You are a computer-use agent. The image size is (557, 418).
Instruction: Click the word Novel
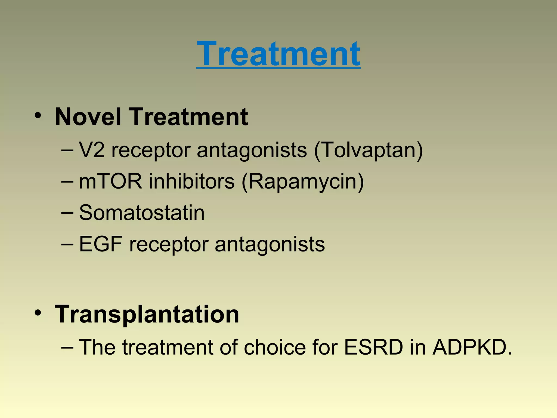(88, 117)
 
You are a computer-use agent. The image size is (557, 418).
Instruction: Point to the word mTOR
(110, 182)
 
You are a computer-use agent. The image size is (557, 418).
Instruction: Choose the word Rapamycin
(303, 182)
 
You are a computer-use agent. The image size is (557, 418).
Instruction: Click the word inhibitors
(191, 182)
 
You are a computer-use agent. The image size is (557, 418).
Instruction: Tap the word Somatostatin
(142, 213)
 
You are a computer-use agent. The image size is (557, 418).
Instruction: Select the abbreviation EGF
(100, 244)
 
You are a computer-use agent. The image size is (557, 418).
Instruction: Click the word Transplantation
(147, 314)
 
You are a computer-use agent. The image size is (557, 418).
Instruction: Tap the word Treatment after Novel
(189, 117)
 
